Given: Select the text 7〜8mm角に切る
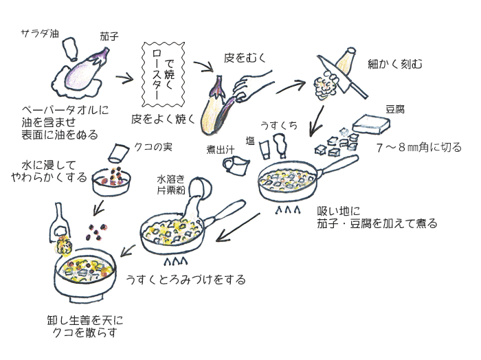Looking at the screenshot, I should click(x=419, y=148).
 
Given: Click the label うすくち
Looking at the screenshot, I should click(x=278, y=124).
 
